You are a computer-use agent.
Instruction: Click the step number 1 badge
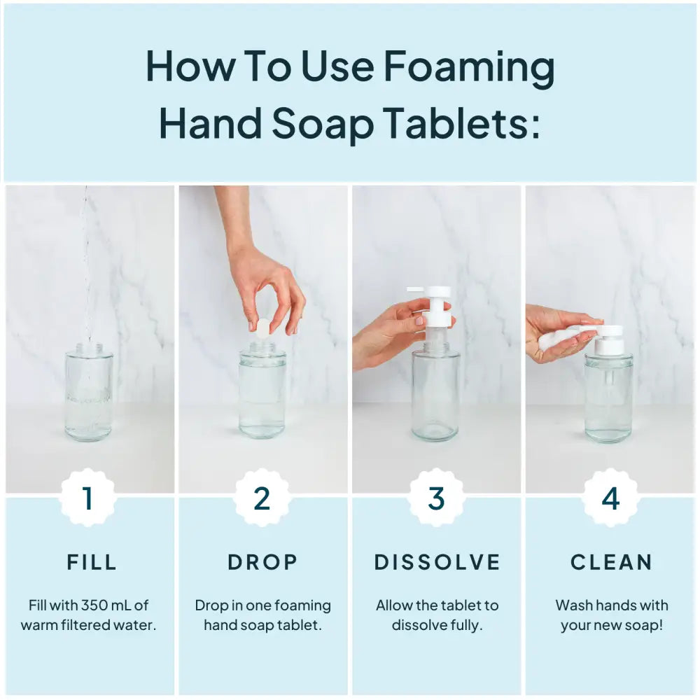pos(88,498)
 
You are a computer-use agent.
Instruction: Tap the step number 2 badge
pos(262,498)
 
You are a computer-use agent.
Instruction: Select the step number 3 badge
pos(436,498)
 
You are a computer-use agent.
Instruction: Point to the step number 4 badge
pos(610,498)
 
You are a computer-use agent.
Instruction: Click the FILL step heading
pos(92,562)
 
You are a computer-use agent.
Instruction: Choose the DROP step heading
pos(262,562)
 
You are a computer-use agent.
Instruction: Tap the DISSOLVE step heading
pos(437,562)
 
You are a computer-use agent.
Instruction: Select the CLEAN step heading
pos(611,562)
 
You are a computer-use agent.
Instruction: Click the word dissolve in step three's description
pos(419,624)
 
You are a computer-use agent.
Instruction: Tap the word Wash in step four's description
pos(574,605)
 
